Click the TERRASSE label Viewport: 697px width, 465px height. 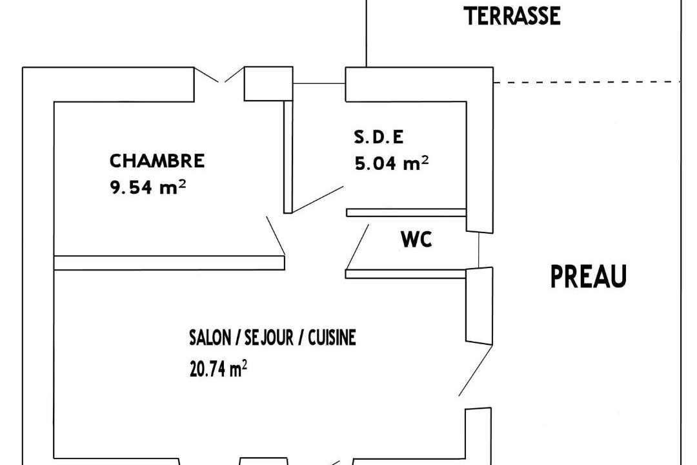click(x=512, y=16)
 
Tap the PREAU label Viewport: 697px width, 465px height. click(x=589, y=276)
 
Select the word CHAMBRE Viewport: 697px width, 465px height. click(x=157, y=161)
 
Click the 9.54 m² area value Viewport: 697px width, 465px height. click(x=148, y=187)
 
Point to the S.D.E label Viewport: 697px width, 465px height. click(x=379, y=137)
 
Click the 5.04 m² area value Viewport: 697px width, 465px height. click(x=392, y=163)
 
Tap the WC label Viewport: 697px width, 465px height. click(x=416, y=240)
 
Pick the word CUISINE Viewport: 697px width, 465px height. click(x=332, y=338)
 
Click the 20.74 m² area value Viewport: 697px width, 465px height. click(x=218, y=369)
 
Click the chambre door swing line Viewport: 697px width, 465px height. click(x=276, y=236)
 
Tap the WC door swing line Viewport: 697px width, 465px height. click(x=358, y=247)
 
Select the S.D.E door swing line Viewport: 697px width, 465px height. click(x=318, y=200)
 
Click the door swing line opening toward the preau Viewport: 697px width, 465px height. click(x=476, y=370)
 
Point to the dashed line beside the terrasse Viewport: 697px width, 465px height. click(x=587, y=82)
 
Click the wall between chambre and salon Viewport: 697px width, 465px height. click(x=169, y=263)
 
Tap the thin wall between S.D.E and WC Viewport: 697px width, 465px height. click(x=406, y=212)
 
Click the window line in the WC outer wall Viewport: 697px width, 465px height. click(x=479, y=251)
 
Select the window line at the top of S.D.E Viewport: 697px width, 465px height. click(x=319, y=83)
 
